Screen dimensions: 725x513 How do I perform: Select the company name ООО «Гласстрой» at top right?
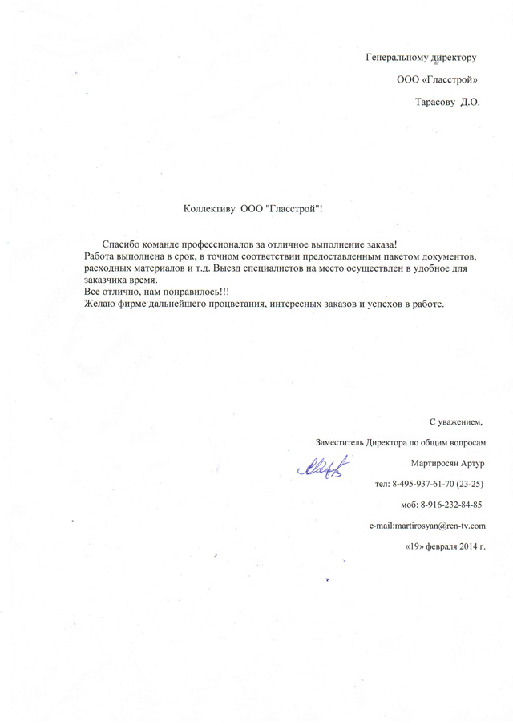point(438,79)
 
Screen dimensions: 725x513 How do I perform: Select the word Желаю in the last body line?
point(99,304)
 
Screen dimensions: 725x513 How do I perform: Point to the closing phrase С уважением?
point(455,421)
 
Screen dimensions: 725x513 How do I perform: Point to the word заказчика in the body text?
point(106,280)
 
